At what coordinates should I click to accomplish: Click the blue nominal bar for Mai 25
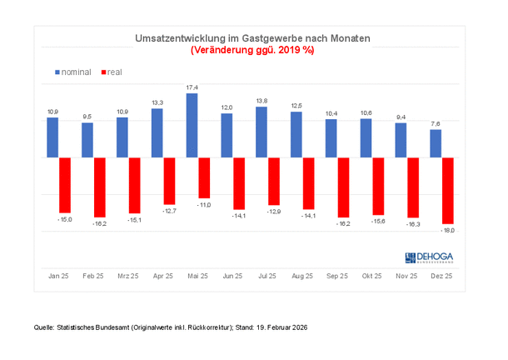[x=192, y=125]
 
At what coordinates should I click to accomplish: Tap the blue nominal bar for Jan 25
[x=52, y=137]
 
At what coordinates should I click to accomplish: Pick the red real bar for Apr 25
[x=169, y=180]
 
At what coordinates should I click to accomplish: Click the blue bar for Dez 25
[x=436, y=143]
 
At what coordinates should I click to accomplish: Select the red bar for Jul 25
[x=274, y=181]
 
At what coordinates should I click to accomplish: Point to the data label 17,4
[x=192, y=87]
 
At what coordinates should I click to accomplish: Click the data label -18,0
[x=447, y=230]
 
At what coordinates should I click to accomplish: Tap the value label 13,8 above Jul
[x=261, y=101]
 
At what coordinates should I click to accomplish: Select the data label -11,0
[x=204, y=204]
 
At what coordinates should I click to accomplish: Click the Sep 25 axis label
[x=337, y=276]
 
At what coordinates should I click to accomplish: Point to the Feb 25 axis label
[x=93, y=276]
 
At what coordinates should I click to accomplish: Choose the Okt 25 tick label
[x=372, y=276]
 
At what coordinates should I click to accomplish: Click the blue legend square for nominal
[x=57, y=72]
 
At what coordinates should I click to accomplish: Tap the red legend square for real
[x=102, y=72]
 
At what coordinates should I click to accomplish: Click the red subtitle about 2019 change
[x=252, y=50]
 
